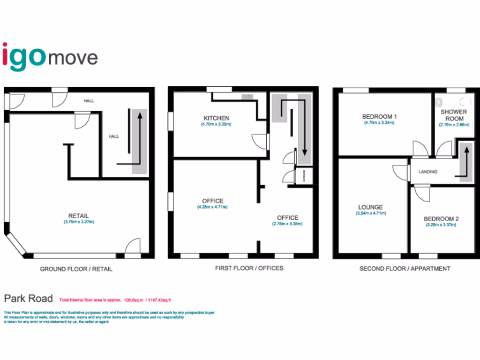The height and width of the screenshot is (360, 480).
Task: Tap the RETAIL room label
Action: pos(78,216)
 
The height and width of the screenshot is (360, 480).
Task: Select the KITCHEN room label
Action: pos(216,118)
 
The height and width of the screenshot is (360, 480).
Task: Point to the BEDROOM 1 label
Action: pos(379,116)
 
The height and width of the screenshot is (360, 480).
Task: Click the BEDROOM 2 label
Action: pos(441,218)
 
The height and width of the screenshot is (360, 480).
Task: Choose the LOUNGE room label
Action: pos(370,207)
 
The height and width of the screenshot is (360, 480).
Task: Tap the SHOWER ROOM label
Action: pos(453,115)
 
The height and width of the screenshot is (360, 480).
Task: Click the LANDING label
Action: pos(427,172)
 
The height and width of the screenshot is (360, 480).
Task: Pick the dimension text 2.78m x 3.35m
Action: pos(287,224)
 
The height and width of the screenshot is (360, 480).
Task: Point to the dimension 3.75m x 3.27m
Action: pos(79,222)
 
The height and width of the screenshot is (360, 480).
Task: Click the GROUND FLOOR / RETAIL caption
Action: pos(76,269)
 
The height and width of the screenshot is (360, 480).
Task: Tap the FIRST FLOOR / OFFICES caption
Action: pos(249,268)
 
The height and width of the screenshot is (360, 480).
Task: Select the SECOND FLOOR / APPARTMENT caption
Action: pos(405,269)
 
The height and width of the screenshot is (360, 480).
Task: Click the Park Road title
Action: pos(28,298)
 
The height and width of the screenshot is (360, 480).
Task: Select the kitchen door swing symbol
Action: pos(259,141)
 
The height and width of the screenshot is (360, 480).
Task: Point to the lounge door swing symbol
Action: pos(400,172)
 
